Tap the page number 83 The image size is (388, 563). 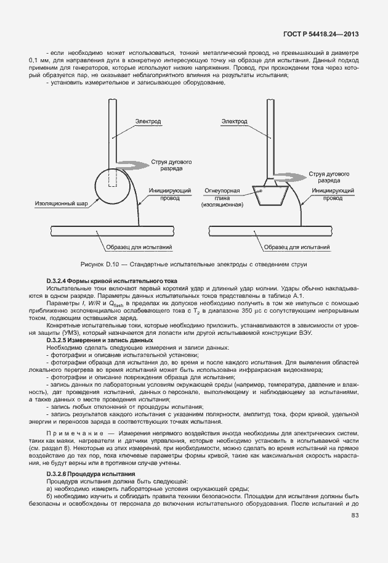[355, 516]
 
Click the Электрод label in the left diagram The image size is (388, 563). [148, 122]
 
